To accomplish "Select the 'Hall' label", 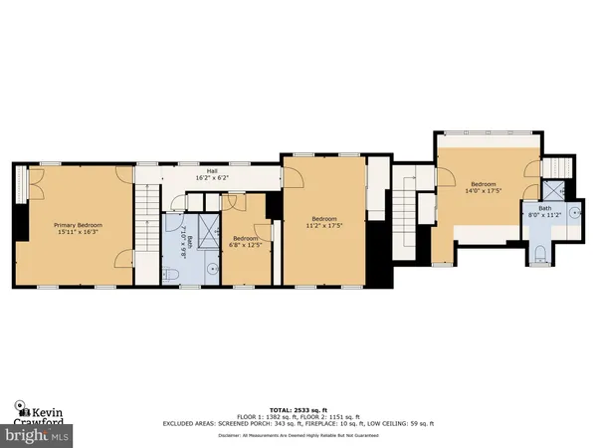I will [x=212, y=170].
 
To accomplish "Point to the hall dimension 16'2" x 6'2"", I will [x=212, y=177].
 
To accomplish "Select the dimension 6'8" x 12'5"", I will [x=245, y=244].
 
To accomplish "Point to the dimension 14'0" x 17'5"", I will [x=484, y=190].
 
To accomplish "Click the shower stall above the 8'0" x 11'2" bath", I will [x=553, y=188].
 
